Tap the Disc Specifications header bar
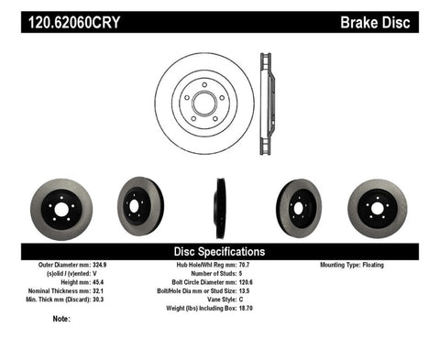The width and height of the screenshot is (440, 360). pyautogui.click(x=220, y=251)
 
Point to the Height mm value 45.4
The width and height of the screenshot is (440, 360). pyautogui.click(x=111, y=281)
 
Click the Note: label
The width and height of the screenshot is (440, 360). pyautogui.click(x=61, y=320)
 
